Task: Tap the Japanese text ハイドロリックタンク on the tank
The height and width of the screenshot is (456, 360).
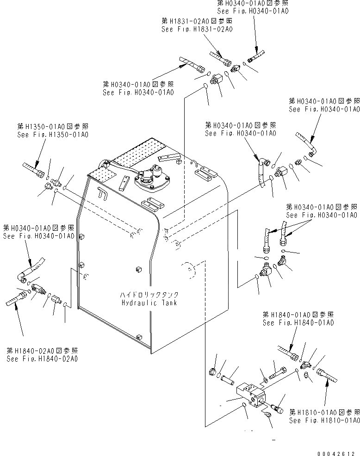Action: click(x=149, y=295)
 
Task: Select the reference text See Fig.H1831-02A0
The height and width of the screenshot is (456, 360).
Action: click(x=197, y=29)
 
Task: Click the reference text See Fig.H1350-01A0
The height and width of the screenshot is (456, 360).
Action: click(x=52, y=135)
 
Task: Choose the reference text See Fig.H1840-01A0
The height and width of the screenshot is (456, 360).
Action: click(x=298, y=323)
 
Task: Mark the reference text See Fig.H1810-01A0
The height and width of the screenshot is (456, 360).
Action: click(x=324, y=420)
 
